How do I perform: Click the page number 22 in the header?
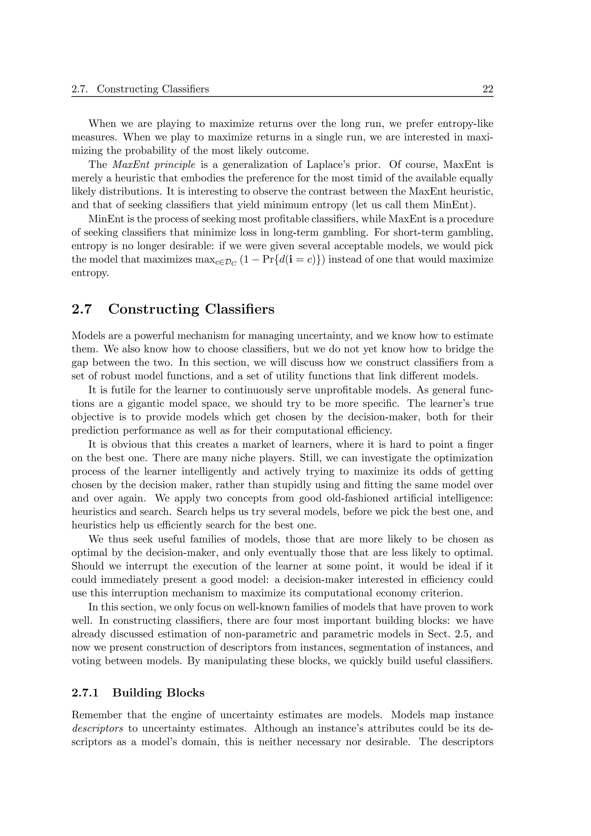coord(488,89)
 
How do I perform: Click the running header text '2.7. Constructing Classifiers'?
coord(140,89)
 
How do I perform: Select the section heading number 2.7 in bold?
coord(82,310)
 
